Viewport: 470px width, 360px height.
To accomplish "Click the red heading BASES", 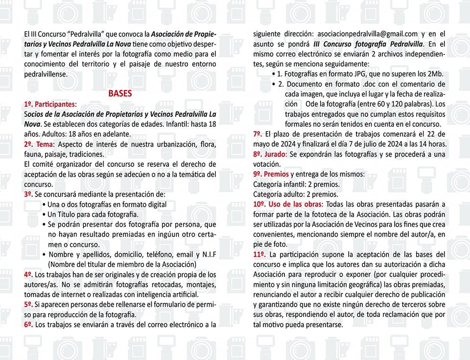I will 120,93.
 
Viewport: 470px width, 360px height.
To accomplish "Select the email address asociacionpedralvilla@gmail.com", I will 367,34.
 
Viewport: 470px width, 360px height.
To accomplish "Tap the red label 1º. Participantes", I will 49,104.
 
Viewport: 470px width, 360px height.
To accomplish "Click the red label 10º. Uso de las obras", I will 287,204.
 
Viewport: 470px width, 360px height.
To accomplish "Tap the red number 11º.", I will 259,254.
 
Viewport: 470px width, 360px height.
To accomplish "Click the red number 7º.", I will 258,134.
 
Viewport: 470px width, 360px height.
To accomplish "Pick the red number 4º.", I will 28,274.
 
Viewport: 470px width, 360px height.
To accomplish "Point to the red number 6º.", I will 28,324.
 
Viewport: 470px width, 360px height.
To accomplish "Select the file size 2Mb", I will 433,74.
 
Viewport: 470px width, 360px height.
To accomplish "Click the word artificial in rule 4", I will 183,294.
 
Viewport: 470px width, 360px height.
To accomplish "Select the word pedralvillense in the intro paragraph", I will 46,74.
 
